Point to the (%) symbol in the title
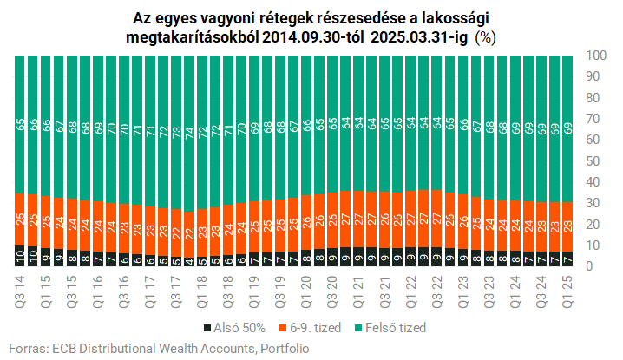click(484, 38)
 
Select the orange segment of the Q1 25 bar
click(567, 226)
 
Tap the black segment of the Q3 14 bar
click(20, 256)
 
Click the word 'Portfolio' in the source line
click(283, 348)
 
